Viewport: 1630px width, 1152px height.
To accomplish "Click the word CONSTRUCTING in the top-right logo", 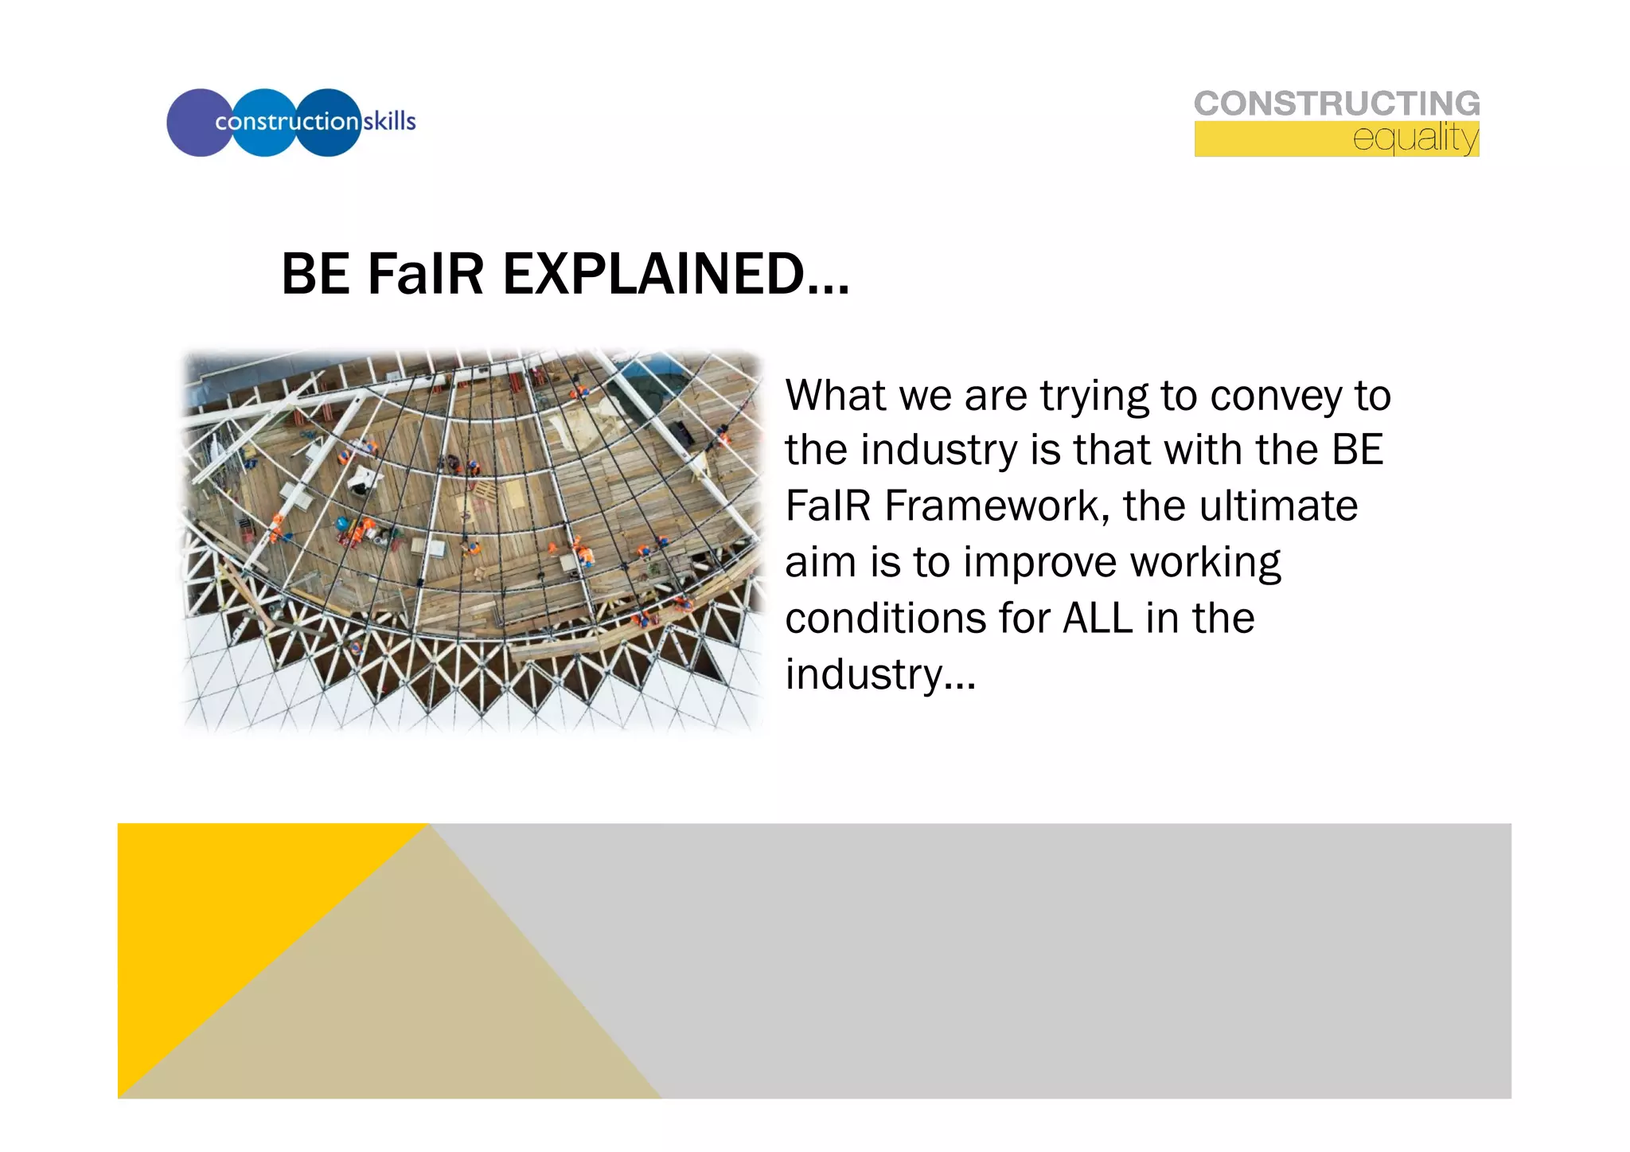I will pyautogui.click(x=1336, y=103).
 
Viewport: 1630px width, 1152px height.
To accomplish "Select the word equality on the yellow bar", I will pyautogui.click(x=1415, y=139).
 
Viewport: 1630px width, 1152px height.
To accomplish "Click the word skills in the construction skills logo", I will pyautogui.click(x=389, y=122).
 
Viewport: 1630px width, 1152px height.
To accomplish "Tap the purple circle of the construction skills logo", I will pyautogui.click(x=191, y=123).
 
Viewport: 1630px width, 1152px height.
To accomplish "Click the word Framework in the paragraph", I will pyautogui.click(x=996, y=506).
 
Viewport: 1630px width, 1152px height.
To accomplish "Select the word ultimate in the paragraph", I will pyautogui.click(x=1278, y=506).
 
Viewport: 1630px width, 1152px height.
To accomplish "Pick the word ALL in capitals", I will pyautogui.click(x=1098, y=619).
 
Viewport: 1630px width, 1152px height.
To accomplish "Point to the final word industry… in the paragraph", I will pyautogui.click(x=879, y=674).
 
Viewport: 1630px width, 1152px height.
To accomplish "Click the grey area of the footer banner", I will pyautogui.click(x=1074, y=955).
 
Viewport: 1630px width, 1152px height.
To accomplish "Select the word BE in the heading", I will pyautogui.click(x=315, y=275).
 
